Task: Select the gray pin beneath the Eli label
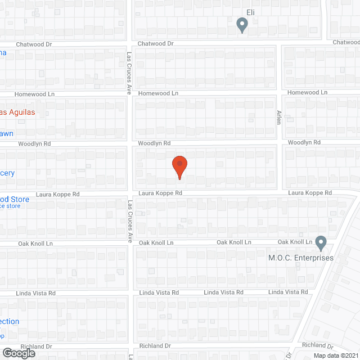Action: [242, 25]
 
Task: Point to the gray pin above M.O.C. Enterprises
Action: [321, 243]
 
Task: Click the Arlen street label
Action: [278, 117]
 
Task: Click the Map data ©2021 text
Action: [335, 355]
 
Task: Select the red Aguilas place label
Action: [17, 112]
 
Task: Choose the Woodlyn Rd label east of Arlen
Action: [304, 142]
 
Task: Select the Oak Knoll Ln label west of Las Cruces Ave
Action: [35, 244]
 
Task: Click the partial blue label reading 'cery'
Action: [7, 173]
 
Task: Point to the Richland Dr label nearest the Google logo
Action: [36, 347]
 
